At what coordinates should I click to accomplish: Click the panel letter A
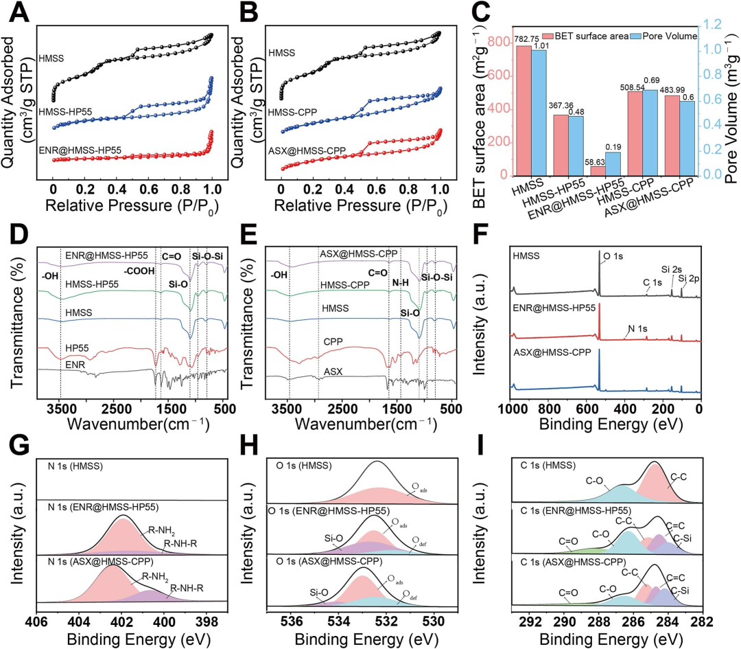16,13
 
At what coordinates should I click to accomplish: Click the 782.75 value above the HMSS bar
524,40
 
